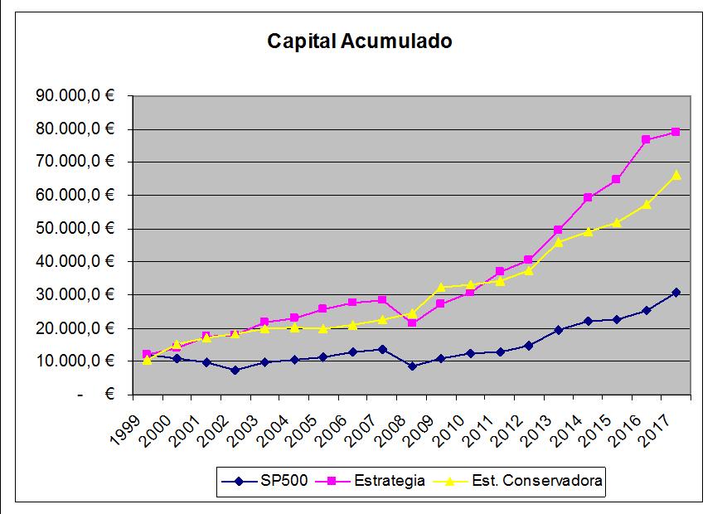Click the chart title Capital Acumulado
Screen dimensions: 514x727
pyautogui.click(x=359, y=41)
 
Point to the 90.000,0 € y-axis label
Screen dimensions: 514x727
pyautogui.click(x=75, y=96)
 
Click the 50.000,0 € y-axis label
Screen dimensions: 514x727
pyautogui.click(x=75, y=229)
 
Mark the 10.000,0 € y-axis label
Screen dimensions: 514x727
pyautogui.click(x=75, y=361)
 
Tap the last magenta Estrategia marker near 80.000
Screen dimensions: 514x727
pyautogui.click(x=676, y=132)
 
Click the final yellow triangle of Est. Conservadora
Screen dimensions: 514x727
pyautogui.click(x=676, y=175)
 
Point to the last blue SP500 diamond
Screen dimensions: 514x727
pyautogui.click(x=676, y=292)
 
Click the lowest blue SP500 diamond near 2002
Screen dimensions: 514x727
pyautogui.click(x=235, y=370)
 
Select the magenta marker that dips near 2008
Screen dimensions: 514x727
pyautogui.click(x=411, y=322)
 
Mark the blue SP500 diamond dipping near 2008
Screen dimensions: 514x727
pyautogui.click(x=411, y=366)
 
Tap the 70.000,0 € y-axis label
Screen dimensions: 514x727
pyautogui.click(x=75, y=162)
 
